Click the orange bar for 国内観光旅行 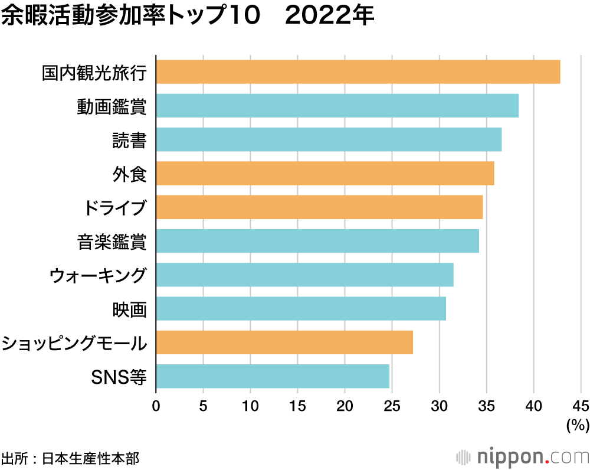pyautogui.click(x=358, y=72)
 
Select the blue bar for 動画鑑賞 pyautogui.click(x=337, y=106)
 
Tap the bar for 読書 pyautogui.click(x=329, y=139)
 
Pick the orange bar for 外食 pyautogui.click(x=324, y=174)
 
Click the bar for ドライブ pyautogui.click(x=319, y=207)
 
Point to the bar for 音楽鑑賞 pyautogui.click(x=317, y=241)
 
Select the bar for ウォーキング pyautogui.click(x=304, y=275)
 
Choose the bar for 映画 pyautogui.click(x=301, y=308)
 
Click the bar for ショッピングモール pyautogui.click(x=284, y=342)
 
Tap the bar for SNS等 pyautogui.click(x=273, y=376)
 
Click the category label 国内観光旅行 pyautogui.click(x=94, y=73)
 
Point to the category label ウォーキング pyautogui.click(x=97, y=275)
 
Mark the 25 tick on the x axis pyautogui.click(x=392, y=406)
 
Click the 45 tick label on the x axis pyautogui.click(x=581, y=406)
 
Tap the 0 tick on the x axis pyautogui.click(x=156, y=406)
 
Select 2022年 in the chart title pyautogui.click(x=329, y=16)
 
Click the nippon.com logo pyautogui.click(x=523, y=456)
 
